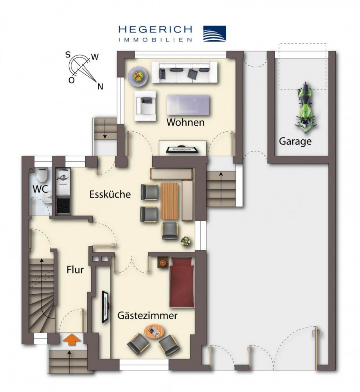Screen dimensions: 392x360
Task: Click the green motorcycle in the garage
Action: (305, 105)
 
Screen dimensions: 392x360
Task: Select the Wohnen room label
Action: (185, 122)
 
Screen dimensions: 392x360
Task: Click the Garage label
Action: (295, 141)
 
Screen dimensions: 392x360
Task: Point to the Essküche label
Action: (110, 194)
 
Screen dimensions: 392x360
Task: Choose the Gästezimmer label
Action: (148, 315)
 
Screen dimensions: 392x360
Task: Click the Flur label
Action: (75, 270)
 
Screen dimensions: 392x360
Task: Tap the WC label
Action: (40, 189)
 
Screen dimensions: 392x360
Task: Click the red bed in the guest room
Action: (182, 282)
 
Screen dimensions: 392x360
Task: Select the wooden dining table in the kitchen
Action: (169, 201)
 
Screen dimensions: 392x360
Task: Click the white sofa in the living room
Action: (184, 72)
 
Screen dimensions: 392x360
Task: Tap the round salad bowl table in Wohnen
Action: (138, 76)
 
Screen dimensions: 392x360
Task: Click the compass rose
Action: (83, 69)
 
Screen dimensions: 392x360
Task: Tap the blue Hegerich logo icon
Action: (214, 34)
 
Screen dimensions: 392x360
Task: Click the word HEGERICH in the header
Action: (155, 30)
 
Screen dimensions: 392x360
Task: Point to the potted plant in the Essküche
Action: (186, 242)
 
